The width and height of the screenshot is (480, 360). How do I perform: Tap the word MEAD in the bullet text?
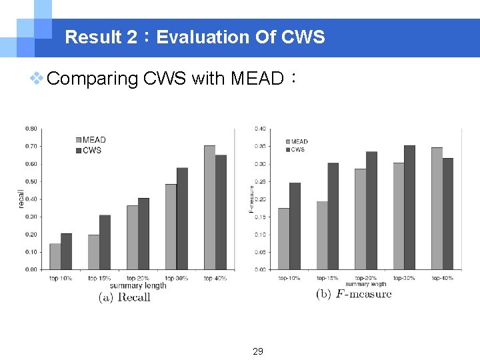pyautogui.click(x=257, y=79)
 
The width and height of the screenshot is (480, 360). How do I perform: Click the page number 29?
pyautogui.click(x=258, y=351)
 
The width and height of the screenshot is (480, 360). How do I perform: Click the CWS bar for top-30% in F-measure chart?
pyautogui.click(x=409, y=207)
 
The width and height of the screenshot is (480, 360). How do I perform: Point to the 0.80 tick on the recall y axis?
pyautogui.click(x=31, y=129)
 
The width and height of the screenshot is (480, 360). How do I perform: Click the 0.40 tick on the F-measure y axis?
pyautogui.click(x=259, y=129)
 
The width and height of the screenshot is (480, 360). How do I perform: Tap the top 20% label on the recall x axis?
pyautogui.click(x=137, y=278)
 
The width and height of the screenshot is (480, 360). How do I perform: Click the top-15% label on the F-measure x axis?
pyautogui.click(x=327, y=278)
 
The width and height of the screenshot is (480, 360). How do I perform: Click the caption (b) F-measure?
pyautogui.click(x=353, y=294)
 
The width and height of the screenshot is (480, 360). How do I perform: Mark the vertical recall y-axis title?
pyautogui.click(x=20, y=199)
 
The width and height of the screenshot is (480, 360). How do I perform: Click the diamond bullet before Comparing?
pyautogui.click(x=38, y=79)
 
